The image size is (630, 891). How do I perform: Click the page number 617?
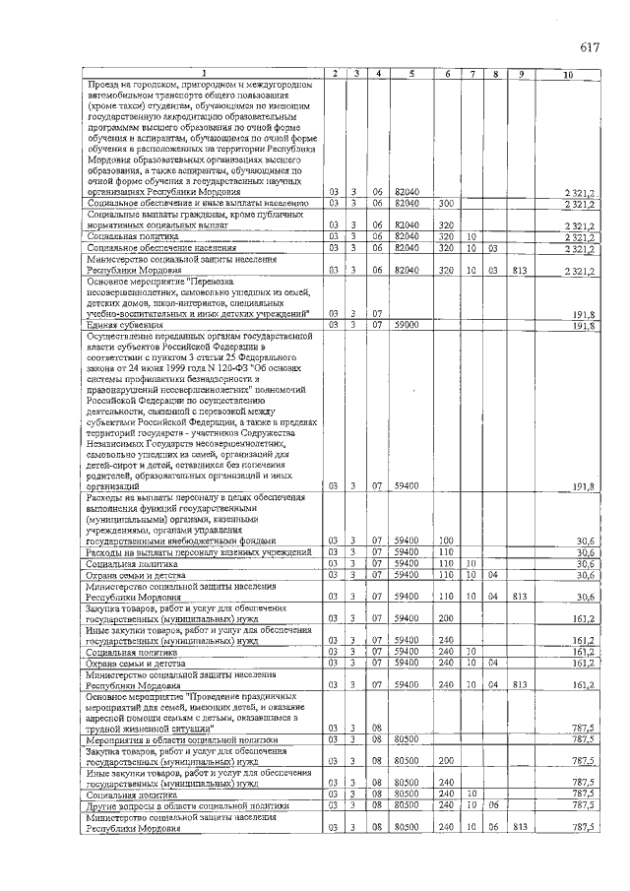[590, 47]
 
